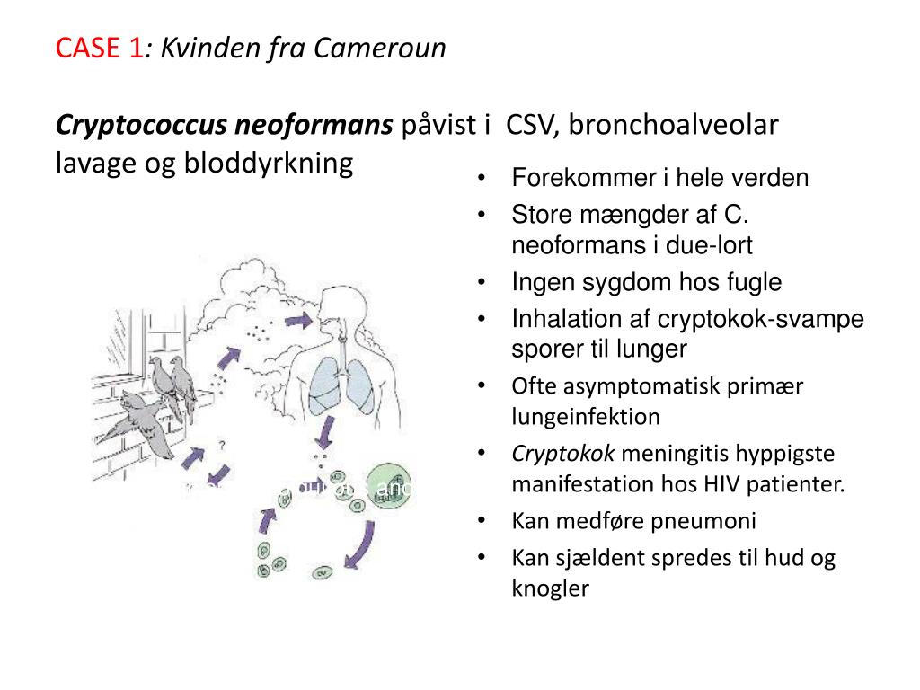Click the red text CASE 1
99,48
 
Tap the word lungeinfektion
586,417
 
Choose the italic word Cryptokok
550,454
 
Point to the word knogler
550,588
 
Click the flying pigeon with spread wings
143,422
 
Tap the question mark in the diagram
220,443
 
